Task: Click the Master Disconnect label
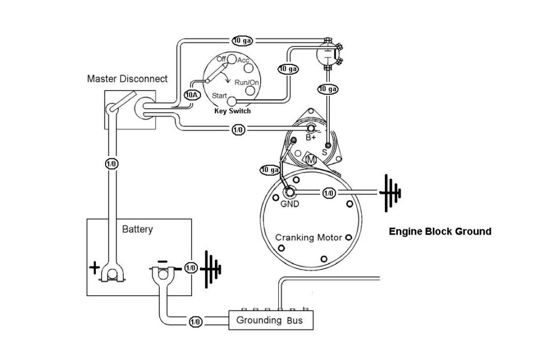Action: coord(127,78)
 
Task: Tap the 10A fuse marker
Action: coord(192,93)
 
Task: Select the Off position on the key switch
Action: coord(221,59)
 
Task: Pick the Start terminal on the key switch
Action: coord(231,100)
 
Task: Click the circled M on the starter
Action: coord(311,159)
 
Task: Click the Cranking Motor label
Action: coord(308,237)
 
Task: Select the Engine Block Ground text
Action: coord(439,231)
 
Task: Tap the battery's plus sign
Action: coord(95,268)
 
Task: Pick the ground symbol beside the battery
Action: coord(211,268)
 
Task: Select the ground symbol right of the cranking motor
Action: coord(390,192)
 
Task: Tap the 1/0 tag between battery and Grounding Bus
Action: coord(195,321)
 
